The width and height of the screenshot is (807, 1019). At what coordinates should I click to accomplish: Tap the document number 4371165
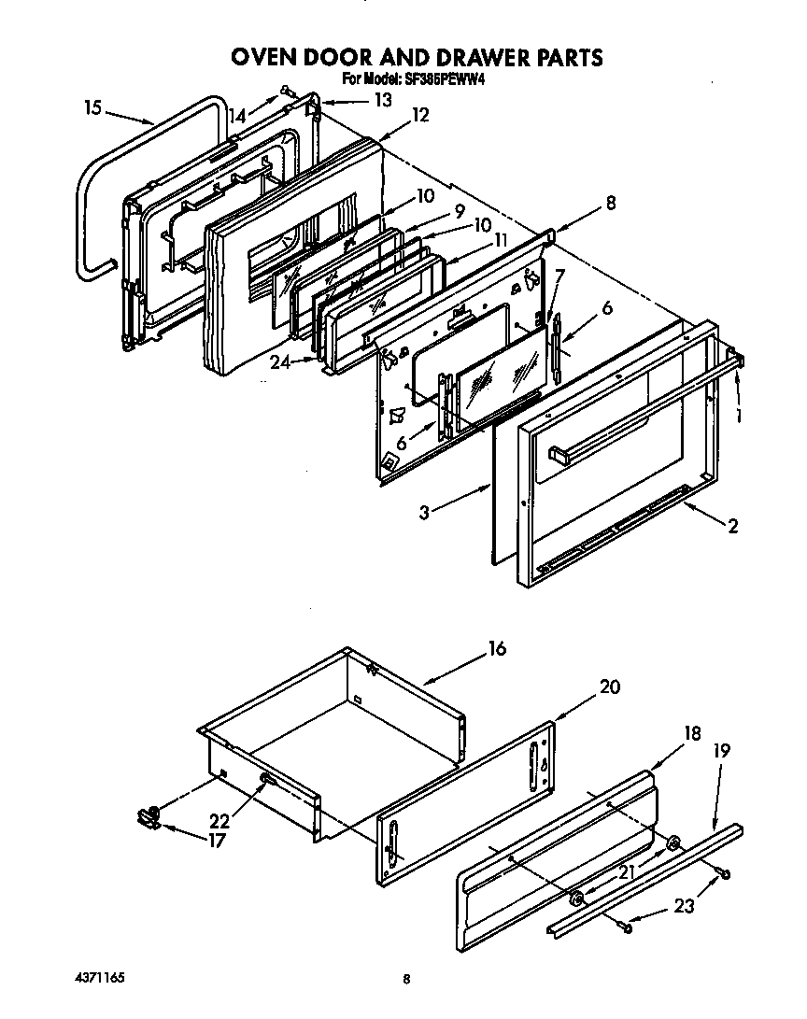[100, 978]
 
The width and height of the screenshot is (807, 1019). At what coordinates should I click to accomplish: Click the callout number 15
[92, 108]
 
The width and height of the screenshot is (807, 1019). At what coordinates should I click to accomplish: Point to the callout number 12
[420, 115]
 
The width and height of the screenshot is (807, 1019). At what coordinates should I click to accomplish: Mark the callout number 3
[424, 513]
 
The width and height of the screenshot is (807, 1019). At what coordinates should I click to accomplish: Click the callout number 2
[732, 527]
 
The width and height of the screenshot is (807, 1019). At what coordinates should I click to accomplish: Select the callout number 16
[497, 648]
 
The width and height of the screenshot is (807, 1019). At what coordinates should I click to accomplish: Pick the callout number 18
[691, 733]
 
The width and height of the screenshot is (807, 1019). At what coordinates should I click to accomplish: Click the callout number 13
[383, 100]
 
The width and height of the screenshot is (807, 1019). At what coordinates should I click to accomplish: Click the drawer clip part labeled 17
[148, 817]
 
